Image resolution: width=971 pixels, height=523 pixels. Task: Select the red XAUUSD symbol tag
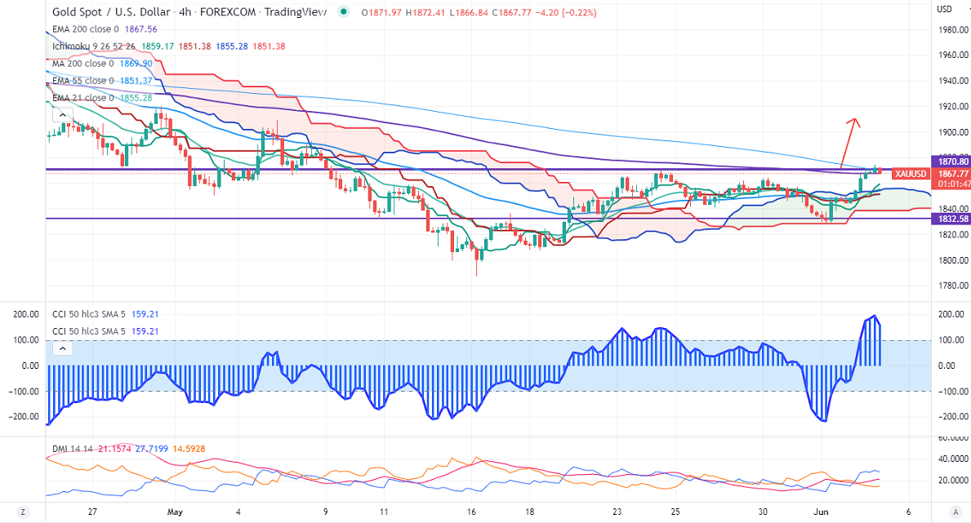(x=910, y=174)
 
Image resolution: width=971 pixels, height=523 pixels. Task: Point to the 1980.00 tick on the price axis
(x=952, y=30)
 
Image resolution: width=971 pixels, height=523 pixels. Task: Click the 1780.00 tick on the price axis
(x=952, y=286)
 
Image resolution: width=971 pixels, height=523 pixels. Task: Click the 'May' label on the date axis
(x=174, y=512)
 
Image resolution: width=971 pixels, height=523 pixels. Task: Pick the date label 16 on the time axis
(x=472, y=512)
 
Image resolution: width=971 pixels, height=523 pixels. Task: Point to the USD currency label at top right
(x=945, y=10)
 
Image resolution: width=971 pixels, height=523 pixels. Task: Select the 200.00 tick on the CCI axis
(x=950, y=314)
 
